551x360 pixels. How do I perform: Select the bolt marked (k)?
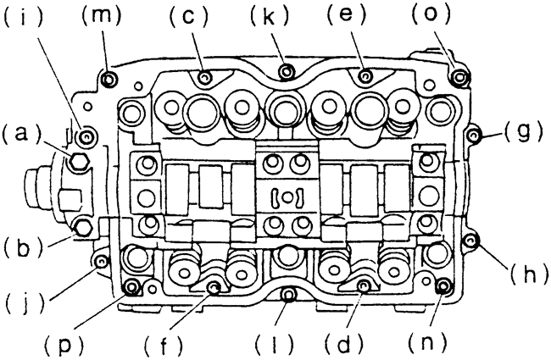click(x=286, y=70)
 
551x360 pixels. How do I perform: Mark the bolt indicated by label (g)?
click(x=475, y=133)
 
